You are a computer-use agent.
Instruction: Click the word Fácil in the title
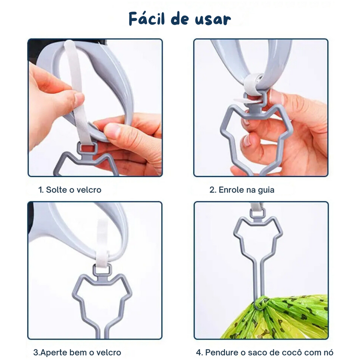[147, 19]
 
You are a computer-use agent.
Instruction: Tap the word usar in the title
[213, 20]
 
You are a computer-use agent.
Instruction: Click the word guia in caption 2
[266, 191]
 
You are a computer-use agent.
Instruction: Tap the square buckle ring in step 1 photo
[87, 149]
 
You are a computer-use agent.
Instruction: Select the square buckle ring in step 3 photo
[102, 270]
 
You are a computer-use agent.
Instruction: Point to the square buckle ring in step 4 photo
[257, 213]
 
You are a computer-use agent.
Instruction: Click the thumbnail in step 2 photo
[277, 96]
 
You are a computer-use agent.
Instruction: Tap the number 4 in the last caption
[199, 352]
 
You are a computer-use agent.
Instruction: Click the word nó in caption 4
[328, 352]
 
